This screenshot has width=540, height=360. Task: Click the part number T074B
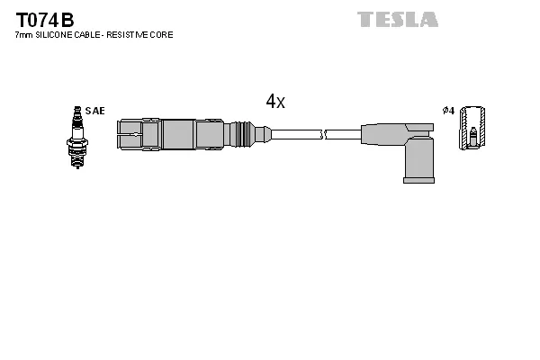pyautogui.click(x=44, y=19)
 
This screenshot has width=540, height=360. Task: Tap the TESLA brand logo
pyautogui.click(x=397, y=19)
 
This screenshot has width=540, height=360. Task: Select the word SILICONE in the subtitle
pyautogui.click(x=58, y=34)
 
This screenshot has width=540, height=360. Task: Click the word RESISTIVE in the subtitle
pyautogui.click(x=133, y=34)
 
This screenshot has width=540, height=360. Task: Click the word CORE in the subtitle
pyautogui.click(x=163, y=34)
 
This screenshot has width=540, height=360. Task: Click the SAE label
pyautogui.click(x=96, y=111)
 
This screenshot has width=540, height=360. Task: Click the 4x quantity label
pyautogui.click(x=275, y=102)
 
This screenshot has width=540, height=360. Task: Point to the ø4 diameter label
pyautogui.click(x=448, y=111)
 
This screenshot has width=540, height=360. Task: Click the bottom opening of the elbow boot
pyautogui.click(x=418, y=180)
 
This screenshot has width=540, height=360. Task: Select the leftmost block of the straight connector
pyautogui.click(x=130, y=135)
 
